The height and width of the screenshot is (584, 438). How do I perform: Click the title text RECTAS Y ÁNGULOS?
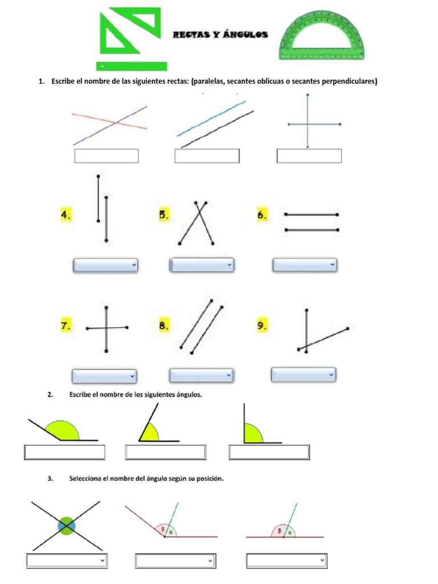point(220,35)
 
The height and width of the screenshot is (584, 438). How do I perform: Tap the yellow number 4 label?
point(67,215)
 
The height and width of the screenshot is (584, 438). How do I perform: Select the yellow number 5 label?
point(164,215)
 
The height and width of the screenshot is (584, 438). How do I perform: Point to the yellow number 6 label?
point(262,215)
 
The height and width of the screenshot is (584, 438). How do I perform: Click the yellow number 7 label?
point(67,326)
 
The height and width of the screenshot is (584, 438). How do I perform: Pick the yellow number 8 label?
point(164,326)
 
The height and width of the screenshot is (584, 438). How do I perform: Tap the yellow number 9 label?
point(262,326)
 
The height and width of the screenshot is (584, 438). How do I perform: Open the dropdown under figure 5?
point(202,265)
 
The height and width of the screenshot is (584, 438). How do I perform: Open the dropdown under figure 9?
point(303,375)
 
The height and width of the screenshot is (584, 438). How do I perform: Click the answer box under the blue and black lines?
point(206,156)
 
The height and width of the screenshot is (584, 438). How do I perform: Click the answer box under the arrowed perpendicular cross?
point(309,156)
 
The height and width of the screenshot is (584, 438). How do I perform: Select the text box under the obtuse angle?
point(64,452)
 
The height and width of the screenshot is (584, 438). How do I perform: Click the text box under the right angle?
point(269,452)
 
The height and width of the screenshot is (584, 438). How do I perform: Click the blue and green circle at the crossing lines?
point(66,525)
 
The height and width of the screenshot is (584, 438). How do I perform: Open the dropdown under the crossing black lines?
point(67,561)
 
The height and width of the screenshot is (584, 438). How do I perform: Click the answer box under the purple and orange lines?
point(106,156)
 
